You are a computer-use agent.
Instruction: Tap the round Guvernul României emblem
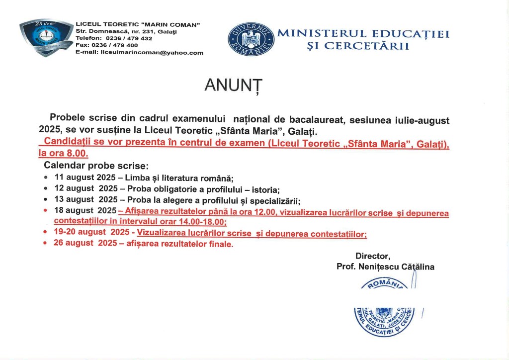(251, 39)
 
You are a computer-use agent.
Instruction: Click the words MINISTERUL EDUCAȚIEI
(363, 34)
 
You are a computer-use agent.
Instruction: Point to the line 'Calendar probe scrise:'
(96, 165)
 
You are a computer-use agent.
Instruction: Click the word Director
(372, 256)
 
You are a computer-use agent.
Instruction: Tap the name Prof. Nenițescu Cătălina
(385, 267)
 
